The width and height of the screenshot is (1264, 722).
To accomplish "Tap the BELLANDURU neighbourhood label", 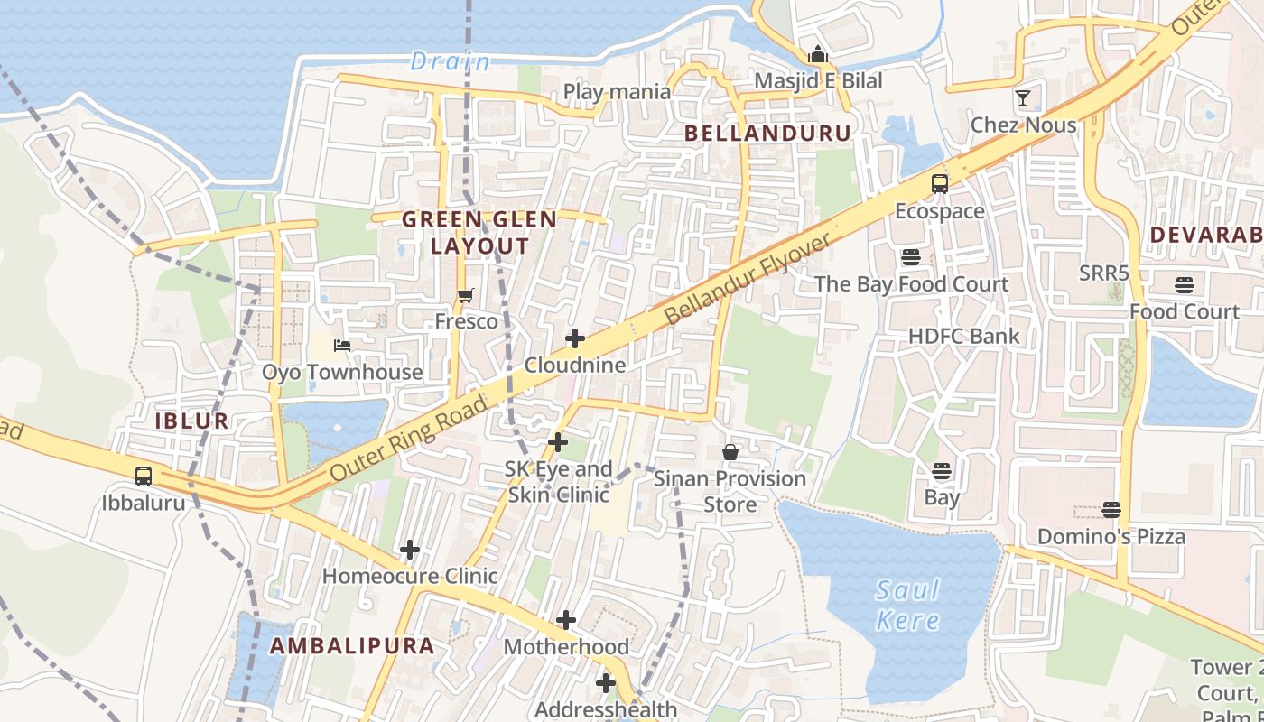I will (767, 134).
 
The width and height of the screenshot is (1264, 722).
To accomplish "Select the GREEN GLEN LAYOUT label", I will (479, 233).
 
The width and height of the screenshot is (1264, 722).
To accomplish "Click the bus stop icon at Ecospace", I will (940, 184).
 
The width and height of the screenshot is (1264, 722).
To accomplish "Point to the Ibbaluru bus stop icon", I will (144, 476).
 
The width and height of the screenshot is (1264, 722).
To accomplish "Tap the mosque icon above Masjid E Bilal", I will (818, 54).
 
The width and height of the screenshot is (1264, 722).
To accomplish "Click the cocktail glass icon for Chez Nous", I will (1023, 98).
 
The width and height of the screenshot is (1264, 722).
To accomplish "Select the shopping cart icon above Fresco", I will (466, 295).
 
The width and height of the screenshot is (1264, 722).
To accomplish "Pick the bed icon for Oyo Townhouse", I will (342, 345).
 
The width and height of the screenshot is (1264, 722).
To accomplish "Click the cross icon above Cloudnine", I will (575, 338).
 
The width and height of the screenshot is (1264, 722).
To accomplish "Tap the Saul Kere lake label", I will (907, 606).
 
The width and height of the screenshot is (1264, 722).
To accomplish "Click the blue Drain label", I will (451, 61).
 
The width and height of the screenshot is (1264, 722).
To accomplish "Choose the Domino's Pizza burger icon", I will (1111, 510).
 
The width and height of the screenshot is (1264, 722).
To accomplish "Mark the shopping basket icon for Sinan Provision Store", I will (730, 451).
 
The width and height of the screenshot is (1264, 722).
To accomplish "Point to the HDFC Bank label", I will (963, 336).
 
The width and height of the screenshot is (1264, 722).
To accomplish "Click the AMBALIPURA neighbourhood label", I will (352, 646).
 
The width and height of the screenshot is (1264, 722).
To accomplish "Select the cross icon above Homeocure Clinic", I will (410, 549).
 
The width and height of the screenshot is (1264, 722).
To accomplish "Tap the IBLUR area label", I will (191, 421).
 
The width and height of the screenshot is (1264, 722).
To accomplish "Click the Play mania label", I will (617, 91).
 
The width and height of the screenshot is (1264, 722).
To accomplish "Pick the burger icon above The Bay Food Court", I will (911, 257).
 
